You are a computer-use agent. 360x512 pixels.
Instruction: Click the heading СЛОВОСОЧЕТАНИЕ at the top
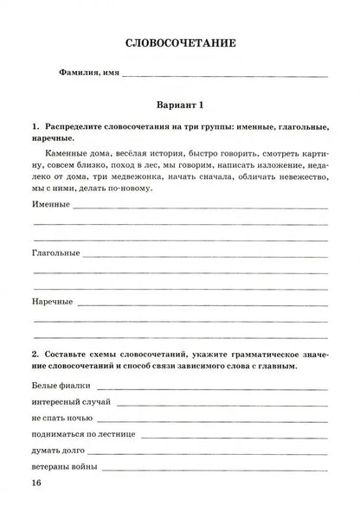[180, 42]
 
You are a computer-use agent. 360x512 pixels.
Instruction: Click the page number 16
[34, 482]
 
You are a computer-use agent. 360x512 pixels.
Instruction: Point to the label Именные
[50, 207]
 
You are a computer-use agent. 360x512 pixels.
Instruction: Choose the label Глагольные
[55, 254]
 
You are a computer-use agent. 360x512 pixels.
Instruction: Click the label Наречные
[51, 303]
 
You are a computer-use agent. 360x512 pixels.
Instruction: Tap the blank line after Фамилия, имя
[225, 76]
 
